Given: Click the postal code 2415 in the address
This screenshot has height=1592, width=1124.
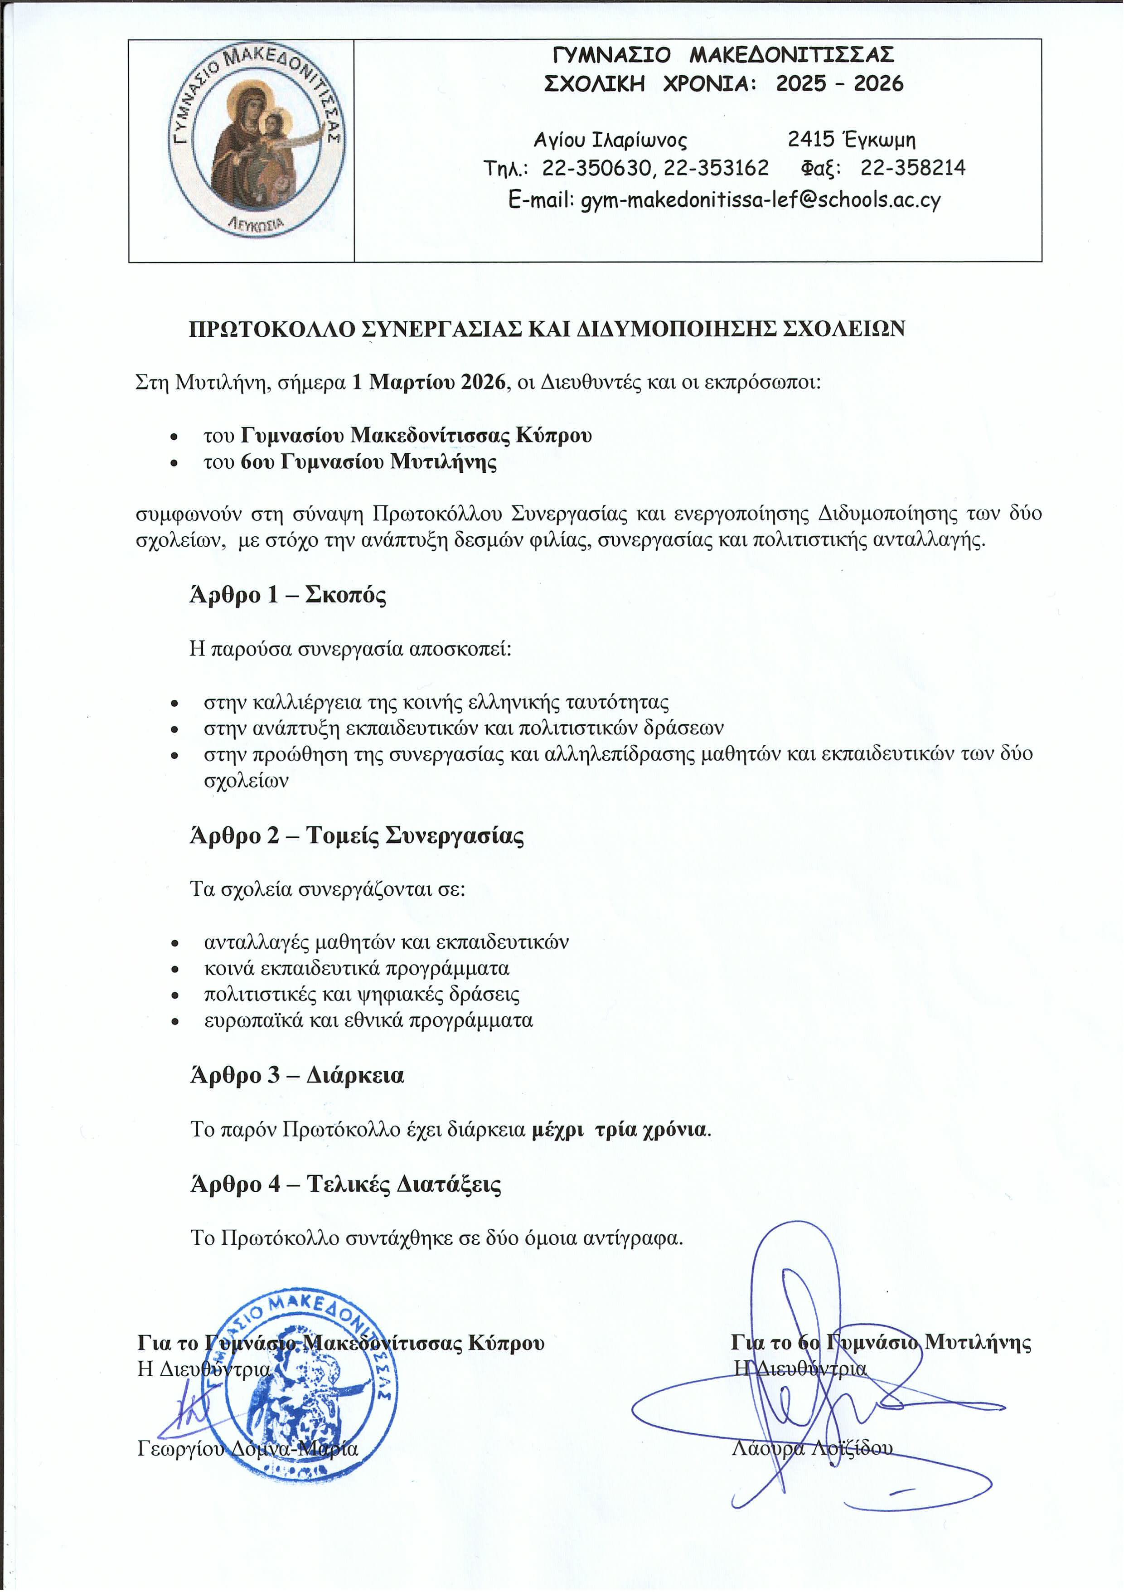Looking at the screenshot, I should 810,140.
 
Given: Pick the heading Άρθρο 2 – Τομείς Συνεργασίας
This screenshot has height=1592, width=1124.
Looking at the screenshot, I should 356,835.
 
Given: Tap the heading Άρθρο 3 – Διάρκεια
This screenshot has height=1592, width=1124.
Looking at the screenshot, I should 297,1075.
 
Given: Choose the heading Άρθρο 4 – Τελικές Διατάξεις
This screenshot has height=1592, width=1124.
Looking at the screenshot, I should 345,1184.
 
